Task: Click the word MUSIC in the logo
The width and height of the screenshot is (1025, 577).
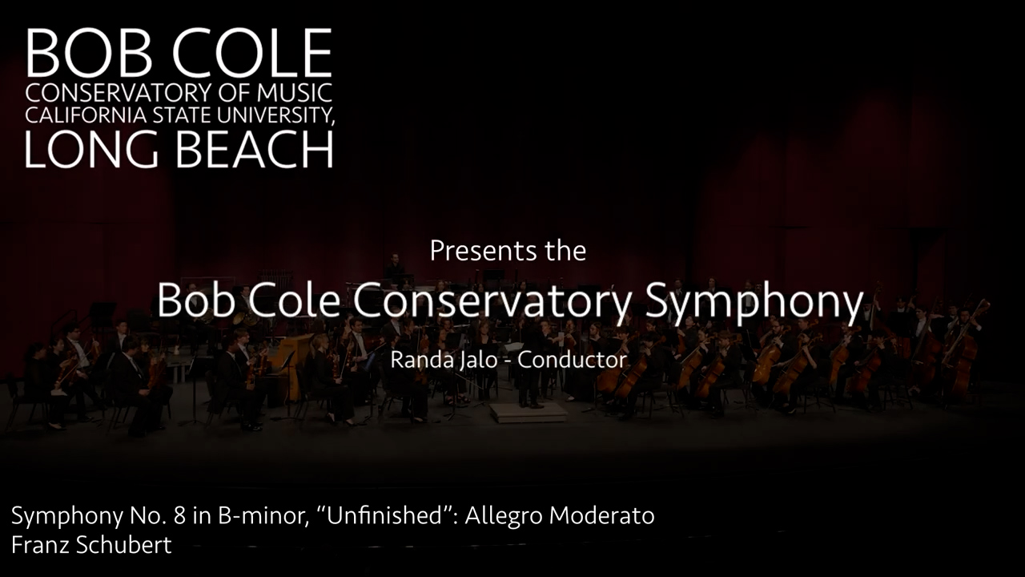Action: click(294, 92)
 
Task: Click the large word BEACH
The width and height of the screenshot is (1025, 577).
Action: click(255, 149)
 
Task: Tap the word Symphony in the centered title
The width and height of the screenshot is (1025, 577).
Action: click(754, 302)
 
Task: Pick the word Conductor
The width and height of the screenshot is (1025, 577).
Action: click(572, 360)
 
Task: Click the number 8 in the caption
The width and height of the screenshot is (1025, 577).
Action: click(180, 515)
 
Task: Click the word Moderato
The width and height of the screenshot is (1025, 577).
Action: click(601, 515)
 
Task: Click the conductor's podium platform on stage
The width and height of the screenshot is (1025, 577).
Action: click(529, 413)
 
